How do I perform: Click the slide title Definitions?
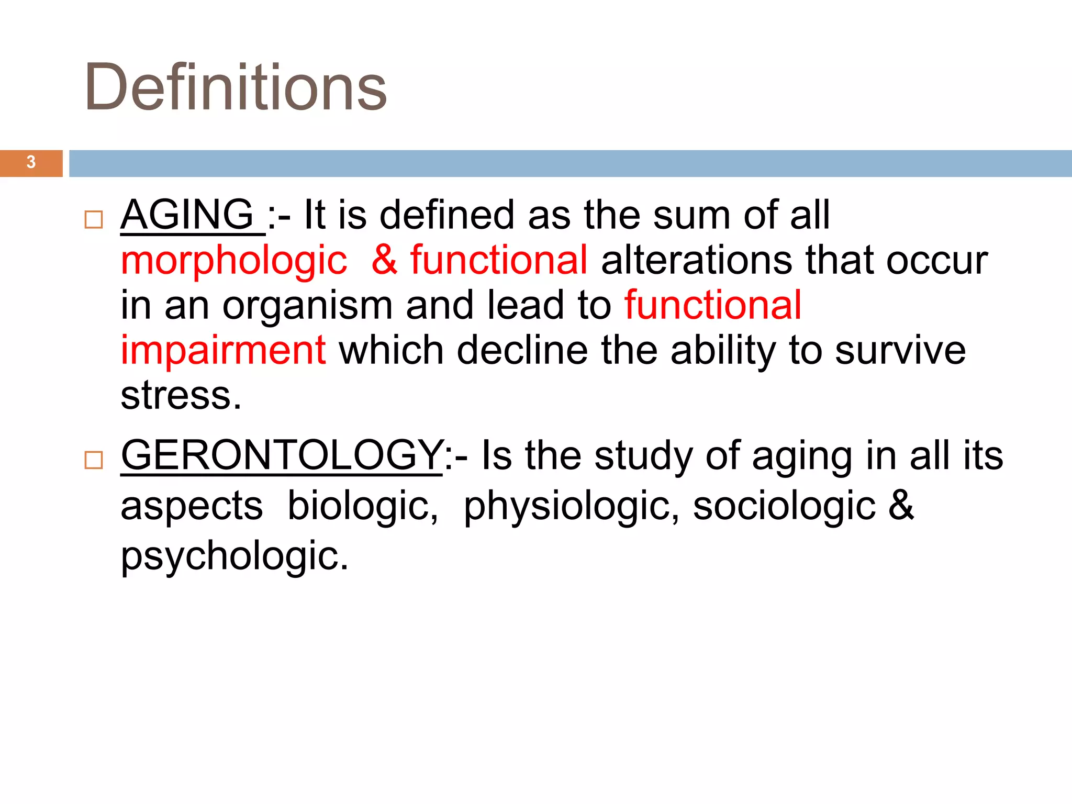click(x=236, y=87)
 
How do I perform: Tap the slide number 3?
click(x=31, y=162)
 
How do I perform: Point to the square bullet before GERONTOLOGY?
click(x=94, y=460)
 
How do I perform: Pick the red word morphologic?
click(x=234, y=260)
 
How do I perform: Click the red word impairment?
click(x=224, y=350)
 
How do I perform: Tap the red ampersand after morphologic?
click(x=384, y=260)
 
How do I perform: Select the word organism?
click(x=307, y=305)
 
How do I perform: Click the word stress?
click(x=181, y=395)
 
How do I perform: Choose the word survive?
click(x=900, y=350)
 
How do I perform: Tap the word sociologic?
click(x=784, y=506)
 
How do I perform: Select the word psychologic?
click(x=234, y=556)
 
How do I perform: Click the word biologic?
click(x=363, y=506)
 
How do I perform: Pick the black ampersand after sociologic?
click(x=901, y=505)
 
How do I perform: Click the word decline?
click(x=522, y=350)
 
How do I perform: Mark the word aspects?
click(x=192, y=506)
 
